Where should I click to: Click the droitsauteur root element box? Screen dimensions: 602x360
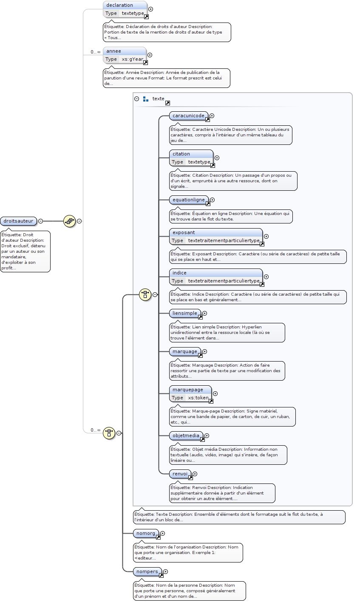(x=18, y=221)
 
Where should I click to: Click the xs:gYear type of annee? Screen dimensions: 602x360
(x=132, y=59)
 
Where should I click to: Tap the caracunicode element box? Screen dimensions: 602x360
(x=188, y=116)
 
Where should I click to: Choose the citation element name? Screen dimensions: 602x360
(x=181, y=154)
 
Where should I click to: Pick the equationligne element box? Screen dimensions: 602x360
(x=189, y=200)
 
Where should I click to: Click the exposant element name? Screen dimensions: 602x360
(x=184, y=232)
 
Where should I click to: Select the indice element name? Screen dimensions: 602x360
(x=180, y=273)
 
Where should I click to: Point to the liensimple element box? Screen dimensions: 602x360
(x=185, y=313)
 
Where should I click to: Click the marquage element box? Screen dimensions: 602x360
(x=185, y=351)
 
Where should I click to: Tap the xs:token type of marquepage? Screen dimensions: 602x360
(x=198, y=398)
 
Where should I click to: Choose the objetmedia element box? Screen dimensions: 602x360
(x=186, y=435)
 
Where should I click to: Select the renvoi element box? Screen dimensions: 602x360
(x=180, y=474)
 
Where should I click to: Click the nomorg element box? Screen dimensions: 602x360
(x=146, y=533)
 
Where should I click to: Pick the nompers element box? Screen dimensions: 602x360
(x=147, y=571)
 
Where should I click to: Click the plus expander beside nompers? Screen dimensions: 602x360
(x=165, y=572)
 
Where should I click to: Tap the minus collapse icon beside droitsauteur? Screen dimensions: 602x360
(x=40, y=221)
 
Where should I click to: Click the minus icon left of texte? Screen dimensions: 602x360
(x=136, y=99)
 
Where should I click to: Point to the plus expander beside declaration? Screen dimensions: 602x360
(x=150, y=9)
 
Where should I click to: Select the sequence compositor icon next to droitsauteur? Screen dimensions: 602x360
(x=69, y=221)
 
